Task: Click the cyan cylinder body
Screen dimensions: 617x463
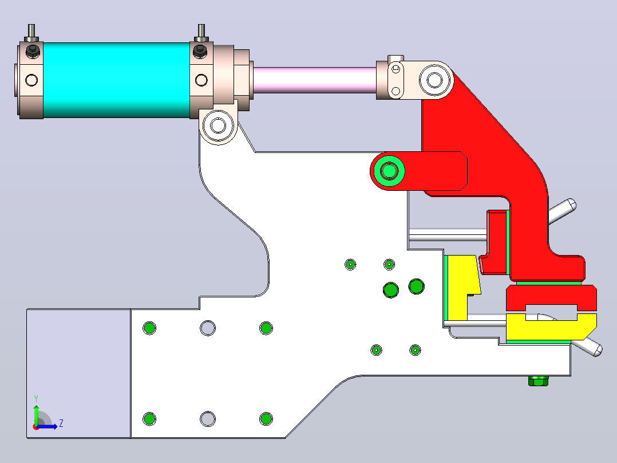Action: tap(116, 80)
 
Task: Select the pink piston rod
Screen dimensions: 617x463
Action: tap(315, 80)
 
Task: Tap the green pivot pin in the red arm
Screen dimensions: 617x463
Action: tap(389, 171)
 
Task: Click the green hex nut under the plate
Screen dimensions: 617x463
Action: tap(538, 380)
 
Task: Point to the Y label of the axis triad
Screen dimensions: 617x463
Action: tap(36, 398)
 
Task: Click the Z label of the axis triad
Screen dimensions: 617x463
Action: tap(61, 423)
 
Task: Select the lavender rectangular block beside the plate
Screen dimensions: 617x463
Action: tap(79, 373)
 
